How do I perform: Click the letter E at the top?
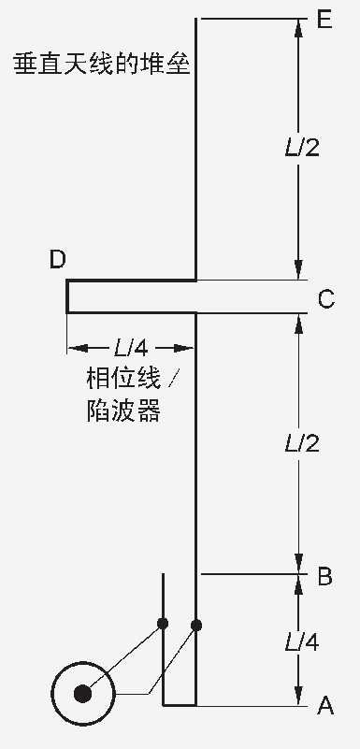[x=325, y=19]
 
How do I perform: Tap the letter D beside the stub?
[x=58, y=260]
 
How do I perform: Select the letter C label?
[x=326, y=299]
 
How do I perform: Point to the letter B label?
[x=324, y=576]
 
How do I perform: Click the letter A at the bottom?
[x=325, y=706]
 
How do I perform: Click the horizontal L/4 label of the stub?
[x=130, y=349]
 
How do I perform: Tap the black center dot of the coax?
[x=83, y=693]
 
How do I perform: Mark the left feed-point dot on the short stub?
[x=163, y=623]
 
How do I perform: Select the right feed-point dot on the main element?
[x=196, y=624]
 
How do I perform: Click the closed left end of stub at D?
[x=67, y=296]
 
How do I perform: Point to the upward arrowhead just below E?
[x=299, y=30]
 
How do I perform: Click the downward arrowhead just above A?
[x=299, y=696]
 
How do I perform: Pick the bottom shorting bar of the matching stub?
[x=180, y=704]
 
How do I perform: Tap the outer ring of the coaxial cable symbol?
[x=55, y=693]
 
